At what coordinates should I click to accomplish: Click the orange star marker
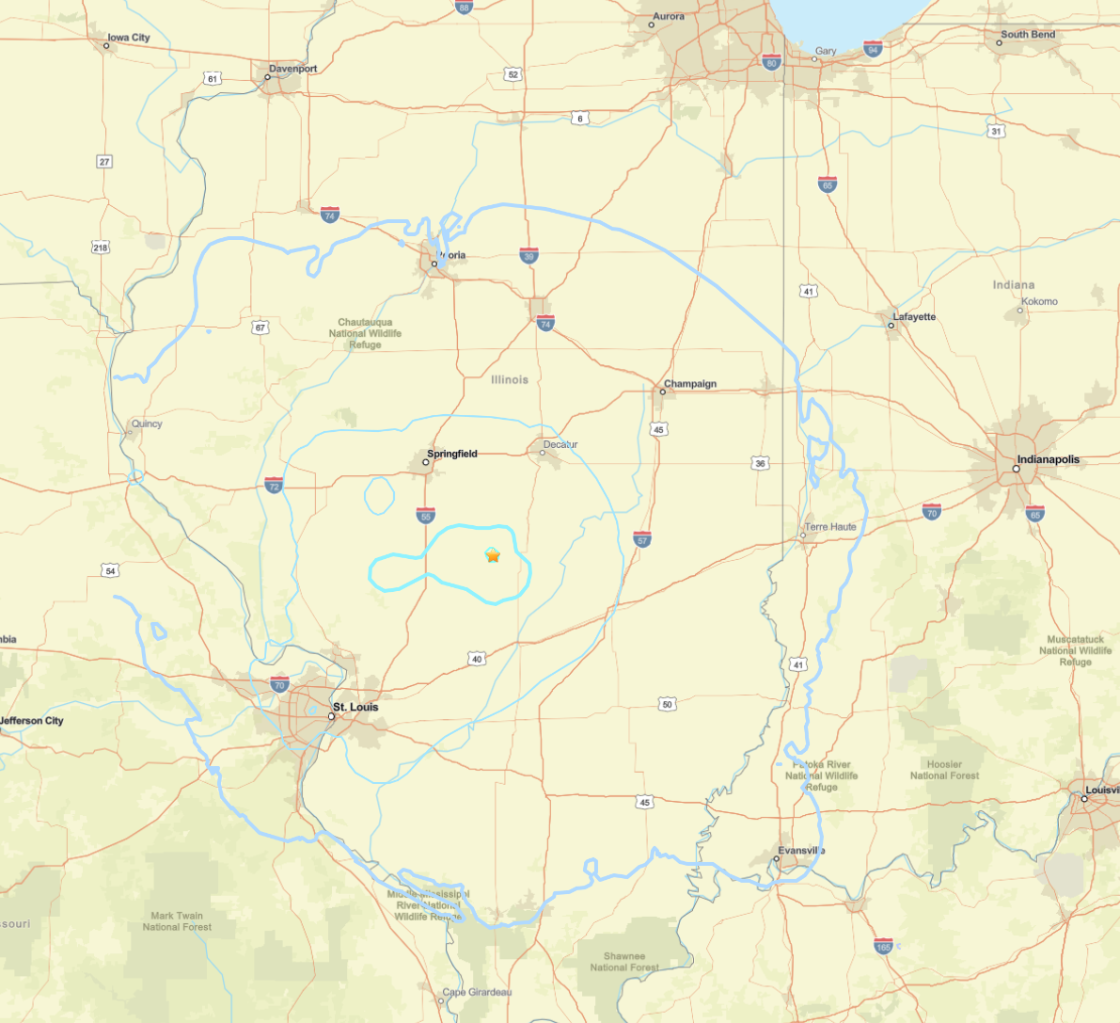(493, 555)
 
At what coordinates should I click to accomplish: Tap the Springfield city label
(452, 454)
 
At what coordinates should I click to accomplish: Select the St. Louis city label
(355, 707)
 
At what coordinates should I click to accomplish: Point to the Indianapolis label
(1048, 460)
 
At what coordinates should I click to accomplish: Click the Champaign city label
(690, 384)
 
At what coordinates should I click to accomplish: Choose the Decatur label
(560, 444)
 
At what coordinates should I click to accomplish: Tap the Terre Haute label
(830, 527)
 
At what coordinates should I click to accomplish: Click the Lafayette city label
(914, 317)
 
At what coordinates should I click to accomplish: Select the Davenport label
(293, 69)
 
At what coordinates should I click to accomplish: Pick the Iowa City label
(129, 38)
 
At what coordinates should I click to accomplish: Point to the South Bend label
(1028, 35)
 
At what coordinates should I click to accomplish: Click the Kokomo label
(1039, 301)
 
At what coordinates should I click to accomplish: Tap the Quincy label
(147, 424)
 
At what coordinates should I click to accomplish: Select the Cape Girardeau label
(478, 992)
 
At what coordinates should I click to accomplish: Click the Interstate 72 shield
(274, 486)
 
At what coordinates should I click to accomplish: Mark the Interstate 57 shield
(642, 539)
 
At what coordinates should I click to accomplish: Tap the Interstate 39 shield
(529, 256)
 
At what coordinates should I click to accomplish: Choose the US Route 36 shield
(760, 463)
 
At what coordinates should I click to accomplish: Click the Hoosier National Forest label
(944, 770)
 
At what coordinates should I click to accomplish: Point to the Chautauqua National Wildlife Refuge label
(366, 333)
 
